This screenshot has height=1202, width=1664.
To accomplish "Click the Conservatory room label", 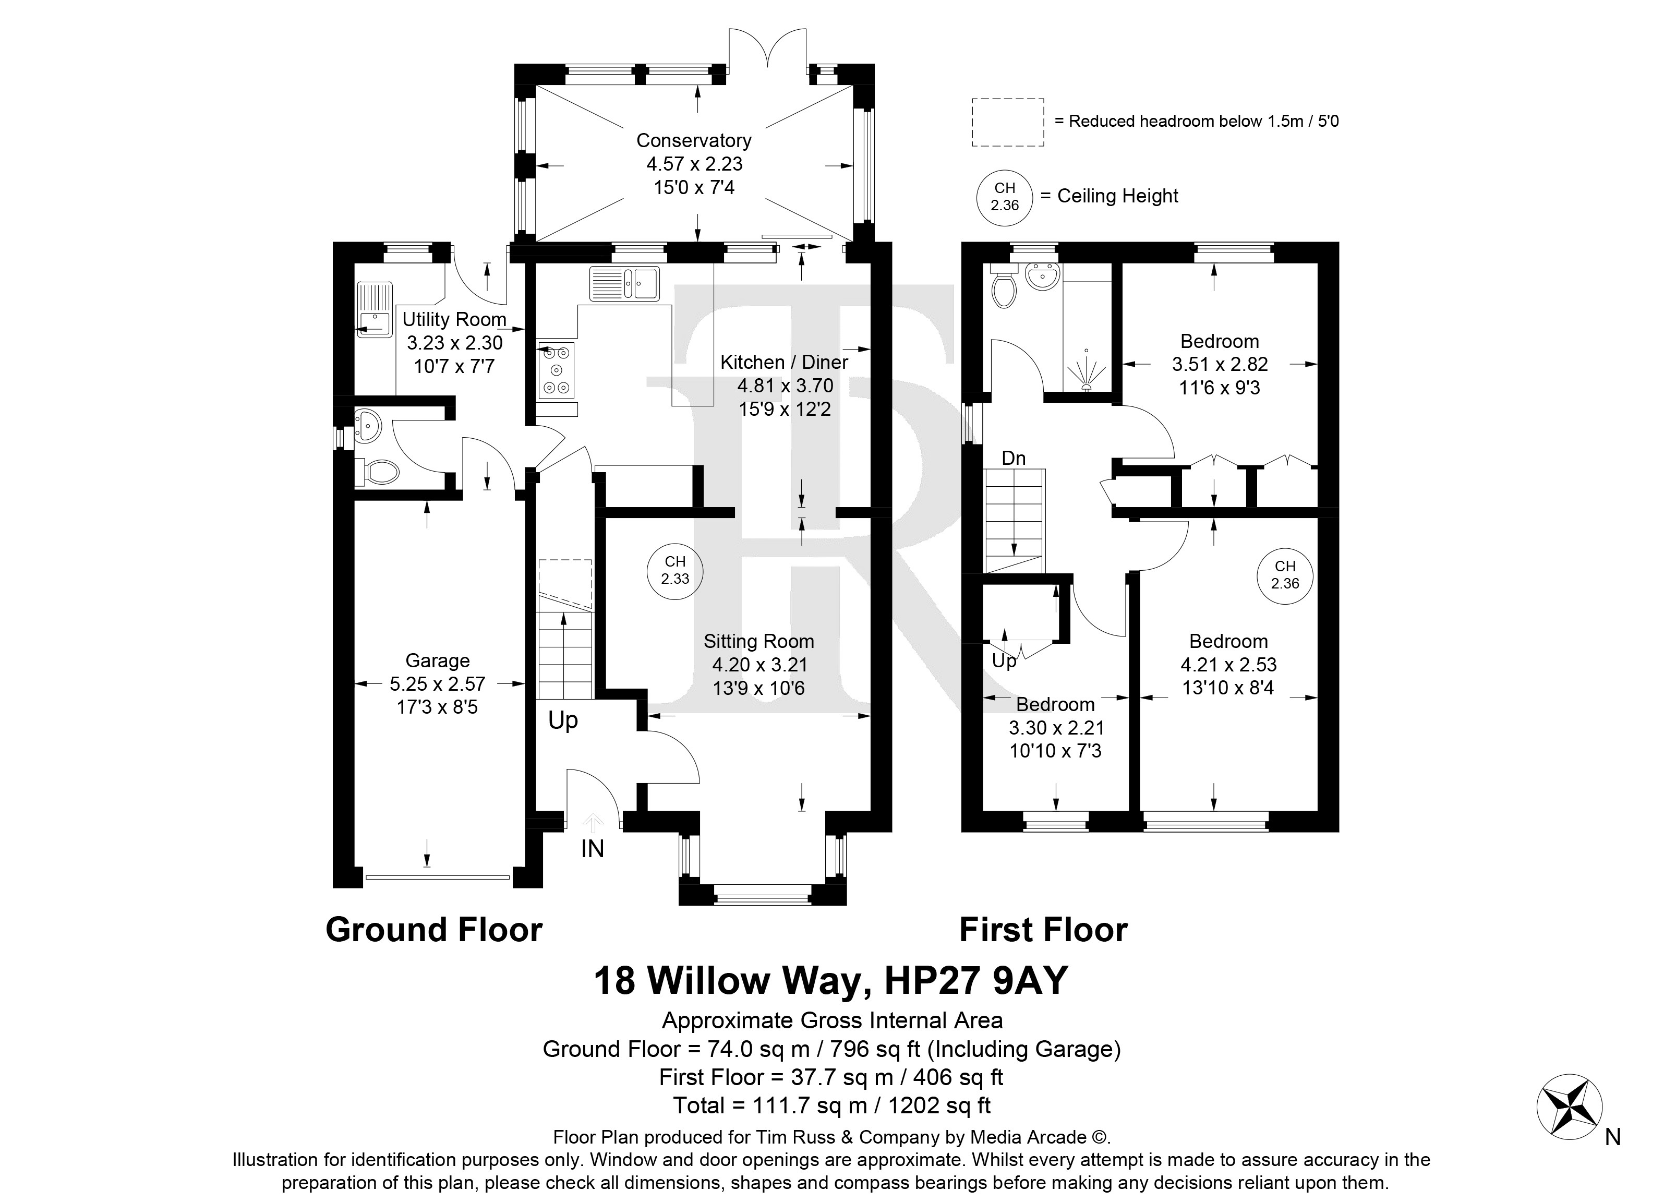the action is pyautogui.click(x=693, y=140).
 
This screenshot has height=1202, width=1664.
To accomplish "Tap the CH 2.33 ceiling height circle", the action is pyautogui.click(x=675, y=570).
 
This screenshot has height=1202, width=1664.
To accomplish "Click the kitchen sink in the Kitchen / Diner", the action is pyautogui.click(x=624, y=283).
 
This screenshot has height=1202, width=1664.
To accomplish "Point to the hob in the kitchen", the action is pyautogui.click(x=556, y=370).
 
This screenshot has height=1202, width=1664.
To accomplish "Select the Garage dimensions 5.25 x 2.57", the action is pyautogui.click(x=437, y=684).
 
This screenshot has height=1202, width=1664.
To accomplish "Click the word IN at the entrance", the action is pyautogui.click(x=592, y=849).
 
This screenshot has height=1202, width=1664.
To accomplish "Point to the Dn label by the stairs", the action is pyautogui.click(x=1014, y=459).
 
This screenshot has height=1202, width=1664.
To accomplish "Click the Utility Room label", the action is pyautogui.click(x=454, y=320).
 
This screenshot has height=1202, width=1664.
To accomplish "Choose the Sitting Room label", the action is pyautogui.click(x=758, y=641).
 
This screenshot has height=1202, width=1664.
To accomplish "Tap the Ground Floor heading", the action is pyautogui.click(x=433, y=930).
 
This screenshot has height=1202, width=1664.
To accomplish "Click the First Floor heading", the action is pyautogui.click(x=1043, y=930).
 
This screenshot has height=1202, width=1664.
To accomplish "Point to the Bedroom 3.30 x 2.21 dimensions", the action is pyautogui.click(x=1056, y=728).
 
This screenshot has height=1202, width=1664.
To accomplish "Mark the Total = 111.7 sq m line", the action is pyautogui.click(x=831, y=1105).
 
